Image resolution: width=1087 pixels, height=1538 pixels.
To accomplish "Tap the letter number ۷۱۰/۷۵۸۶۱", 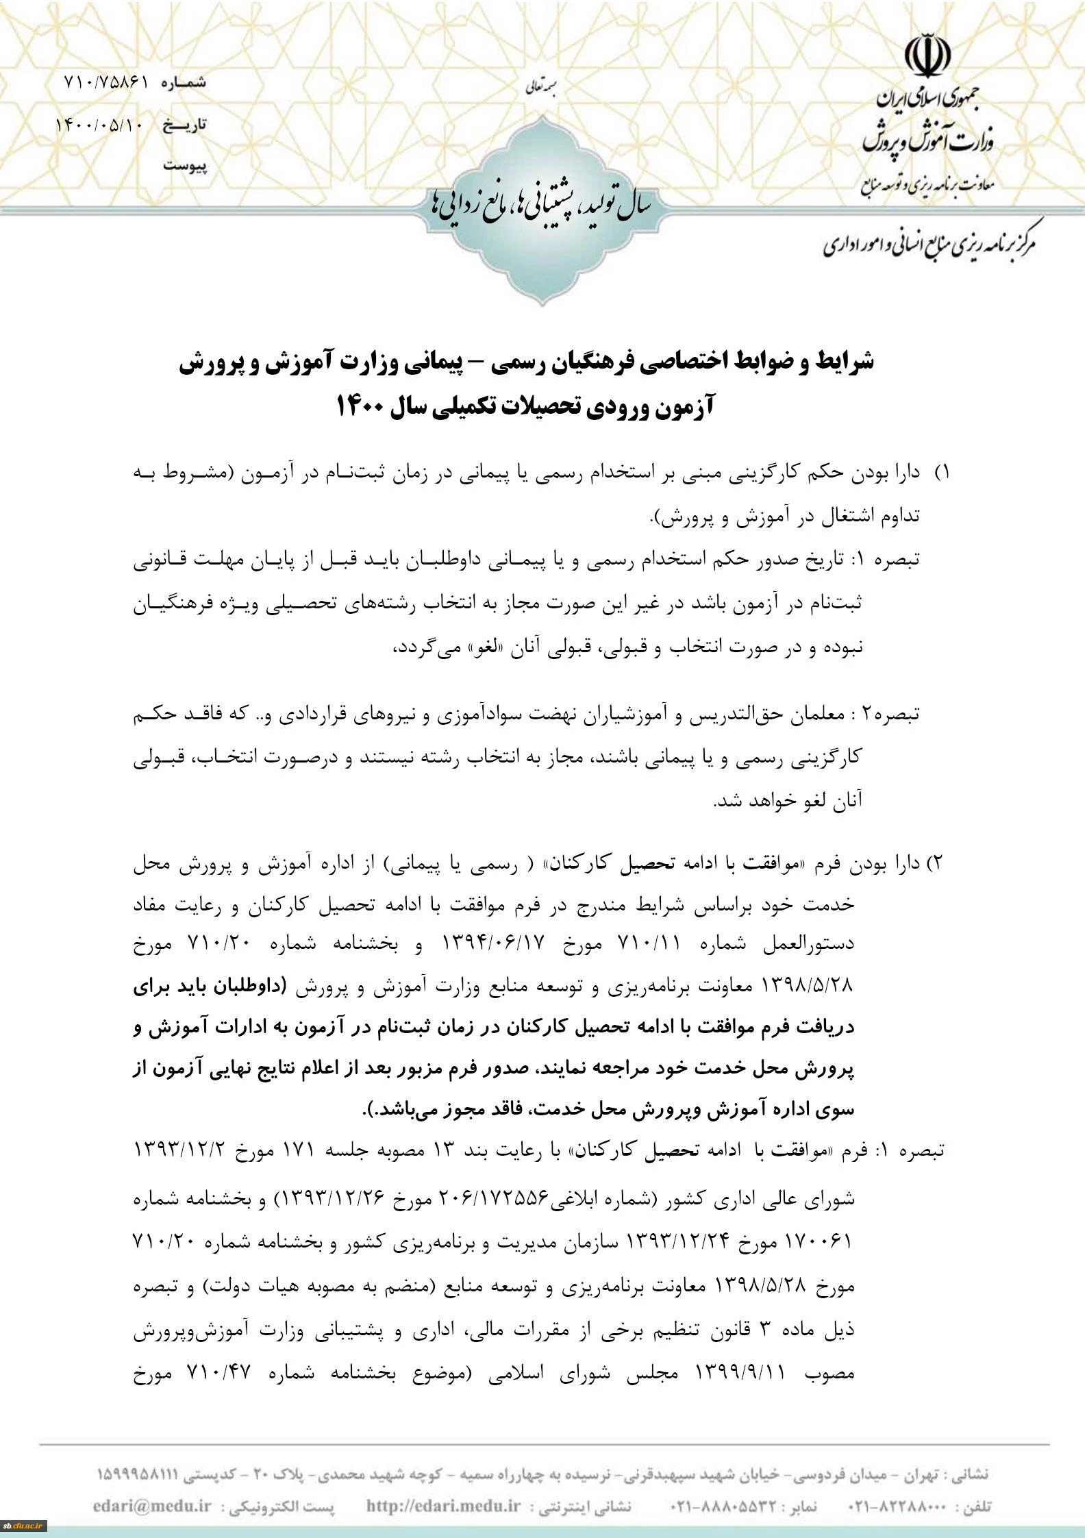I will pyautogui.click(x=107, y=82).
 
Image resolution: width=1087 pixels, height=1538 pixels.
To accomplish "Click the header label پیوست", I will pyautogui.click(x=185, y=166).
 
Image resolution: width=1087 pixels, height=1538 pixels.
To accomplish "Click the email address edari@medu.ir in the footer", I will pyautogui.click(x=152, y=1508).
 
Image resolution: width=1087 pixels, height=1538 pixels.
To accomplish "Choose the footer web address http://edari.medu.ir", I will pyautogui.click(x=444, y=1508).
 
